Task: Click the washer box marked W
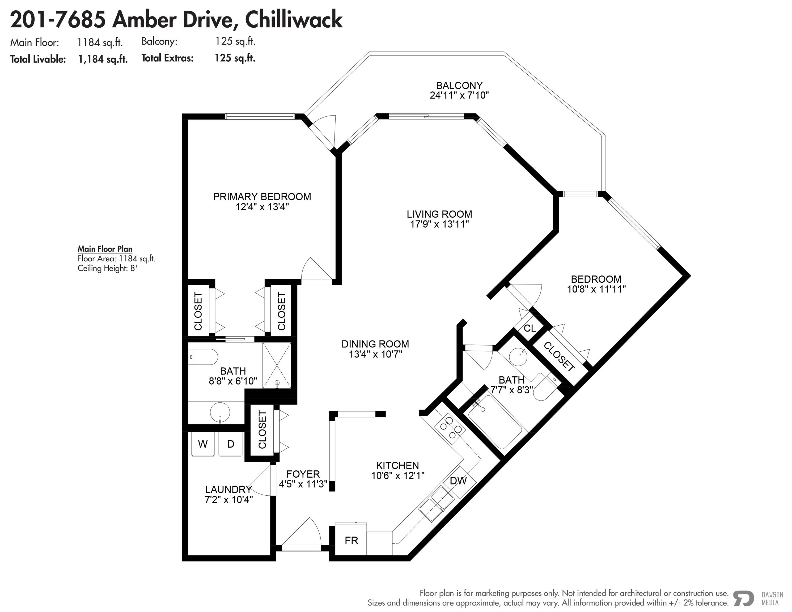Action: pos(203,444)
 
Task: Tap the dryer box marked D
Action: pos(231,444)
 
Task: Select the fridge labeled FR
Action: pos(351,540)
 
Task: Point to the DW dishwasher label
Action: pos(458,481)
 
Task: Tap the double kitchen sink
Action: pos(436,504)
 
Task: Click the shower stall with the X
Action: pos(277,365)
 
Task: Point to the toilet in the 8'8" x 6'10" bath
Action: pos(203,357)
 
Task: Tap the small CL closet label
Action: pos(530,328)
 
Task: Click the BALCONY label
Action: pos(459,86)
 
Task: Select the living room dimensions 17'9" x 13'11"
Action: pos(439,224)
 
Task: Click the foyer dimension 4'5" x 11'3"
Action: pos(303,484)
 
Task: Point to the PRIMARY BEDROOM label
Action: pos(262,197)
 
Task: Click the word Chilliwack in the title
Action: pos(294,20)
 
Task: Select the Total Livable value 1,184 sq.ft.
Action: pos(103,59)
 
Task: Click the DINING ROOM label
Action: pos(375,344)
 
